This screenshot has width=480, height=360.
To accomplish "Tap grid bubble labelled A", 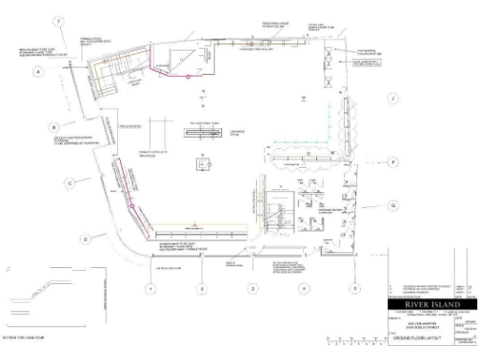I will pyautogui.click(x=39, y=72).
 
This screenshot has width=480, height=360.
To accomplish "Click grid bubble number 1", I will pyautogui.click(x=149, y=289).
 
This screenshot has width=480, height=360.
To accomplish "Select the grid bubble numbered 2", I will pyautogui.click(x=202, y=289).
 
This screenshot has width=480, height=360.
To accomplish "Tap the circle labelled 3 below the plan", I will pyautogui.click(x=252, y=289).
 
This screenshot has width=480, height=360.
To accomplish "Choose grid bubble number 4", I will pyautogui.click(x=303, y=289).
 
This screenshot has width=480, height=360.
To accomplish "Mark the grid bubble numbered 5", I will pyautogui.click(x=354, y=289).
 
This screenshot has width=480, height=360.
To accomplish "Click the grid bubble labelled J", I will pyautogui.click(x=395, y=97).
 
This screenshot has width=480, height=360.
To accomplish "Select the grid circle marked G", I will pyautogui.click(x=395, y=205).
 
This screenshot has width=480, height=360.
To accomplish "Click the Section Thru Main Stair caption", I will pyautogui.click(x=22, y=334).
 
